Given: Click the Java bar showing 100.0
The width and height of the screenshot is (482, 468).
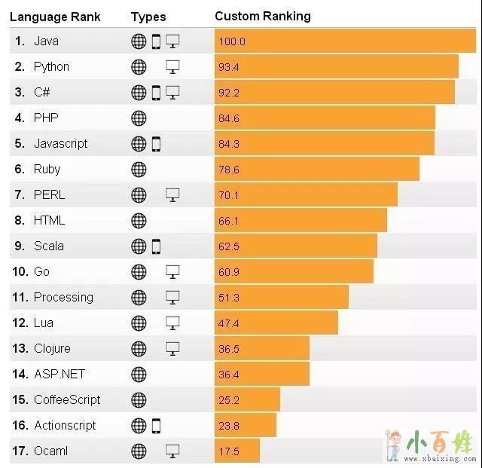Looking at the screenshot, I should point(345,41).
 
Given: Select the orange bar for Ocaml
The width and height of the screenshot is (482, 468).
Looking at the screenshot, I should point(237,451).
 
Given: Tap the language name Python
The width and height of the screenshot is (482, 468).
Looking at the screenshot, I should point(51,66).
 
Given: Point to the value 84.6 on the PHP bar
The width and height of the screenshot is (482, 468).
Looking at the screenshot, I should point(229,118).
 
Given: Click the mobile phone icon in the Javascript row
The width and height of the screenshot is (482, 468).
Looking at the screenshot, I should point(156,143).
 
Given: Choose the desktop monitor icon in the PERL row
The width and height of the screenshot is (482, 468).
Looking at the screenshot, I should point(172,194).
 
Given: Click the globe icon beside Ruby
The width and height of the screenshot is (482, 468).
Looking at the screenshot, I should point(139,169).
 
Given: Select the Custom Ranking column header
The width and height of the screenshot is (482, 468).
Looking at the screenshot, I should point(262,16).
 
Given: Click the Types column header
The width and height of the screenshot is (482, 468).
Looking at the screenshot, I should point(148,17).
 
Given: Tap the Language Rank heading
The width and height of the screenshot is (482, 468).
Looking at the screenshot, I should point(54,17).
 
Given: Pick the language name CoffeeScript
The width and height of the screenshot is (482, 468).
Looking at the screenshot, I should point(67,399).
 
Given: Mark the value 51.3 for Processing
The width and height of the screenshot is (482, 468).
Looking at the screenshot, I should point(229,297).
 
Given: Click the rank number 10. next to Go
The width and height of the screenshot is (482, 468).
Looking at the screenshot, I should point(20,271).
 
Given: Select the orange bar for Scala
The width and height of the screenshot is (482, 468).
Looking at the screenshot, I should point(295,246).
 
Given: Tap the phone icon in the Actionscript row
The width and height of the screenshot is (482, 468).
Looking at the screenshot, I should point(156,425).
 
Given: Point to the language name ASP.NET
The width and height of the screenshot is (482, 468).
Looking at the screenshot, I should point(59,374).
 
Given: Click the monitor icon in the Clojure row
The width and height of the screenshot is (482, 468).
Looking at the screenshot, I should point(172,348).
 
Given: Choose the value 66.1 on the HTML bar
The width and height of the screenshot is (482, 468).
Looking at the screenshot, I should point(229,220).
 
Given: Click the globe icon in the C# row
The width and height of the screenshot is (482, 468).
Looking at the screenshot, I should point(139,92).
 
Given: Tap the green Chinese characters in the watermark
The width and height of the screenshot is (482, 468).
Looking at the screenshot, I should point(441,439).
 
